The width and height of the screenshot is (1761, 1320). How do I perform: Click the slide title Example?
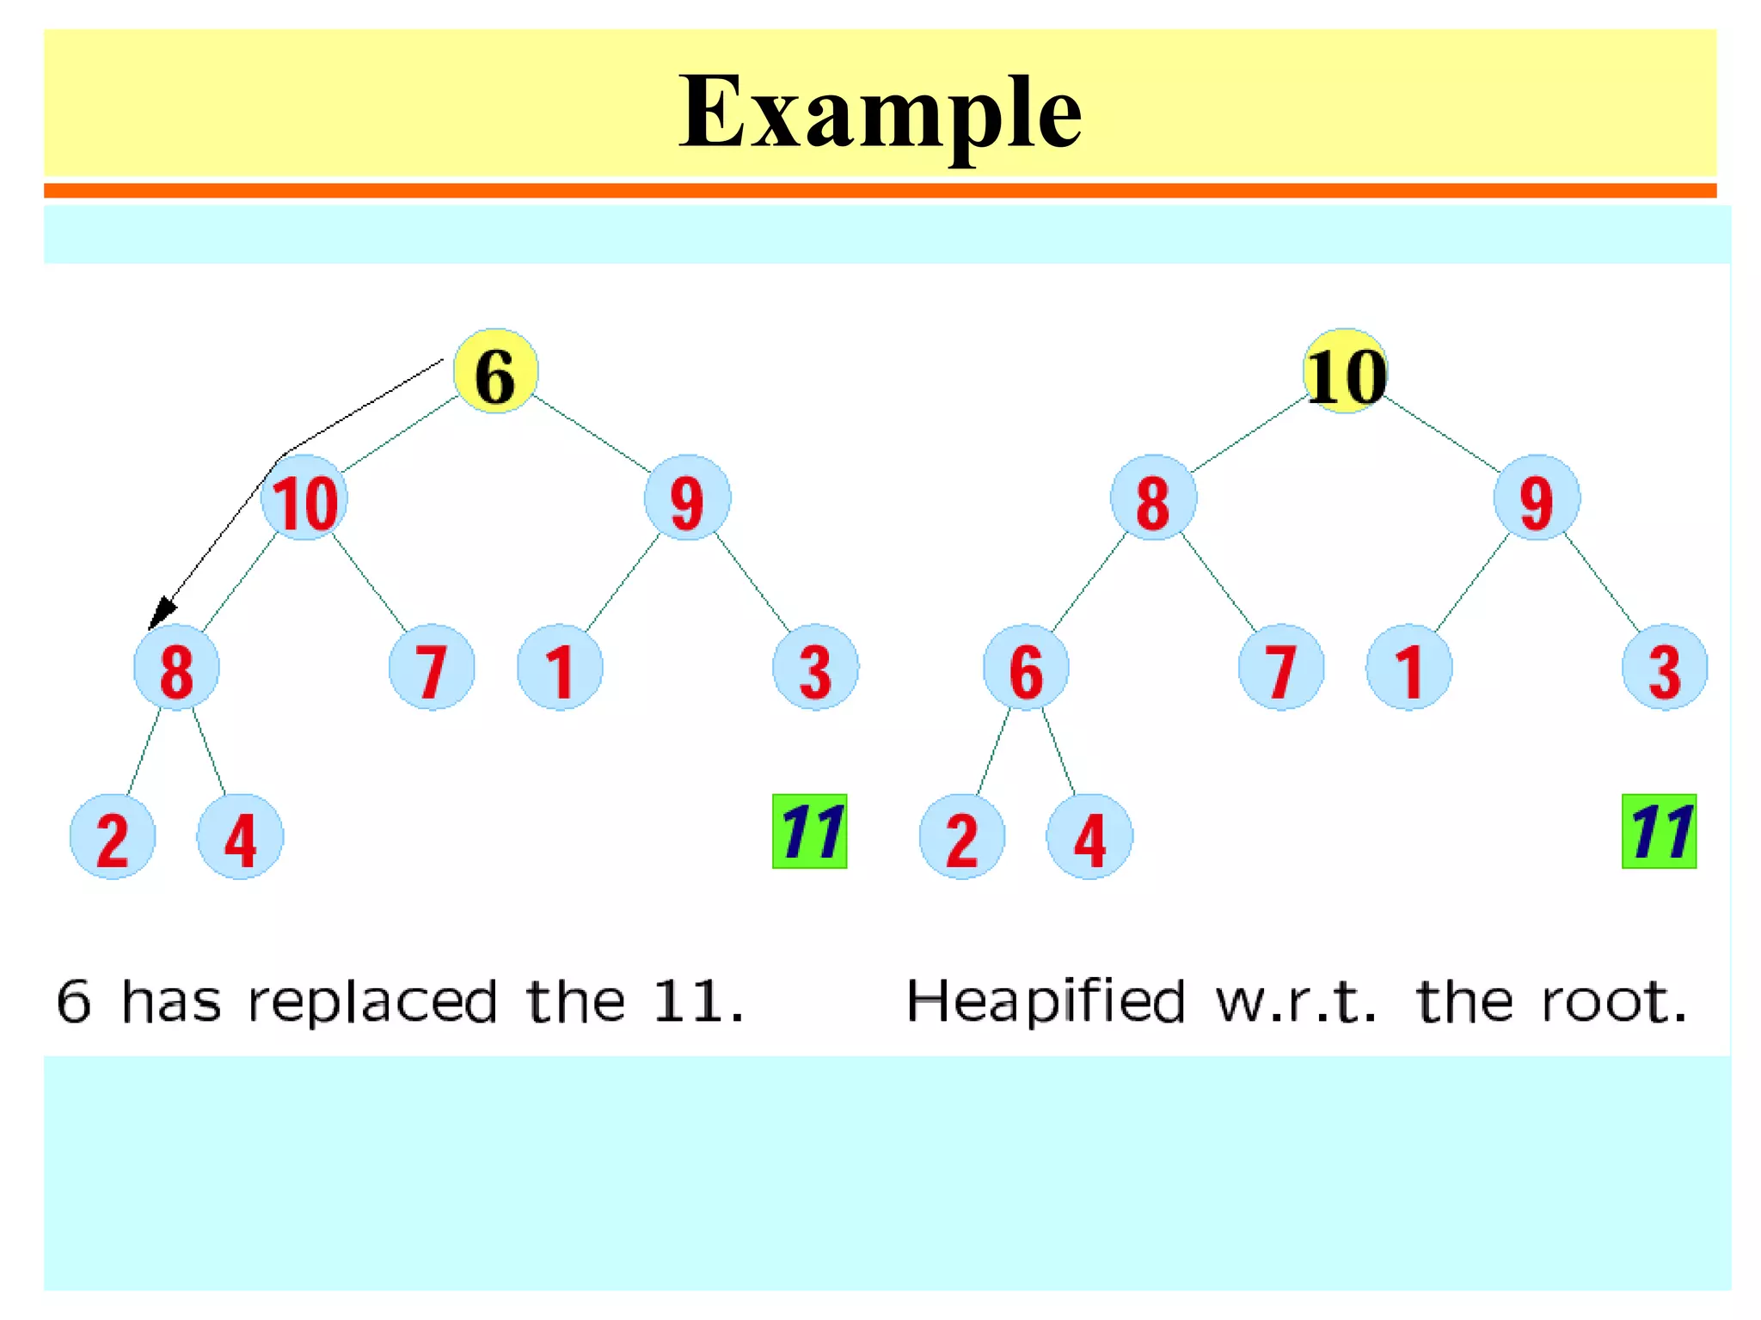point(880,112)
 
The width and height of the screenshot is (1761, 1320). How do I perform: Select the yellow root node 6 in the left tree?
point(495,372)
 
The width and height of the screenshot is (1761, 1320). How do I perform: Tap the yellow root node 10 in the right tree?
point(1346,372)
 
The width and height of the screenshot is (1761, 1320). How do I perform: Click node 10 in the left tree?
point(304,499)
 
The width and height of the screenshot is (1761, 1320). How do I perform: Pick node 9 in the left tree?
point(687,499)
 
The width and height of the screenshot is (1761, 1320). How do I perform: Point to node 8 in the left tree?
point(176,669)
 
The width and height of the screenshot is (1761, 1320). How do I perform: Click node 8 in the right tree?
point(1153,499)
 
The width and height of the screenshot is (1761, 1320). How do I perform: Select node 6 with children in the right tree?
point(1026,669)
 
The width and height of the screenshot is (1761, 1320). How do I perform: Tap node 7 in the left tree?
point(432,669)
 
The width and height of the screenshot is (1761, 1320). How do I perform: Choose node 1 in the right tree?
point(1409,669)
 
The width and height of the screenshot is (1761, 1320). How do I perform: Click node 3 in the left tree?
point(815,669)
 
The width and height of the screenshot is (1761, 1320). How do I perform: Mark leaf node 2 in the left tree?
point(113,837)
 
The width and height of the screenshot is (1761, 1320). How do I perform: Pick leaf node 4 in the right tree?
point(1089,837)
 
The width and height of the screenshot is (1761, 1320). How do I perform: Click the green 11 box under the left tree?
point(809,831)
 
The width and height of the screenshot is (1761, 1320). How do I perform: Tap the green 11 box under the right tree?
point(1659,831)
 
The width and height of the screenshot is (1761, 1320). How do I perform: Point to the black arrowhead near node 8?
point(160,614)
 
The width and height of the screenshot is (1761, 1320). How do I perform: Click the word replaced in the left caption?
point(372,1002)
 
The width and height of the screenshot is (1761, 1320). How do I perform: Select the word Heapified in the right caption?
point(1046,1002)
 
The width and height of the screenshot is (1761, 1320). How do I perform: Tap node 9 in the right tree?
point(1537,499)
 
